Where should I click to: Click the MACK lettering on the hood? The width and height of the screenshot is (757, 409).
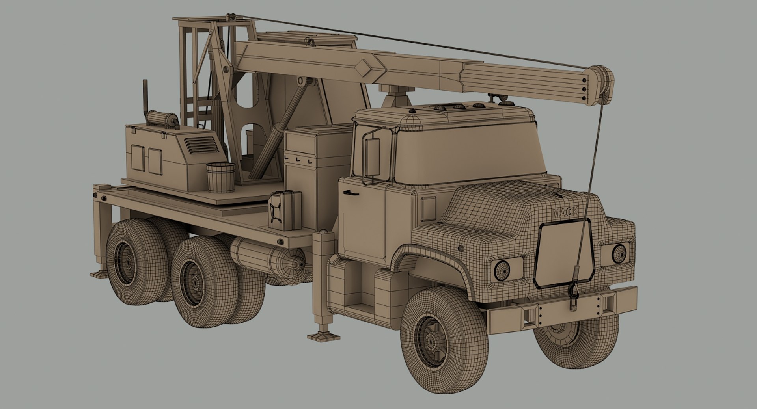(x=565, y=213)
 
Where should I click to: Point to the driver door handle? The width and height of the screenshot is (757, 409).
(x=351, y=193)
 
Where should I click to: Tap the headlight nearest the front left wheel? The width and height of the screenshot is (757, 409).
(x=502, y=270)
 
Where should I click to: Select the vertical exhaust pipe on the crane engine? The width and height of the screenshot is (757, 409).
(x=145, y=97)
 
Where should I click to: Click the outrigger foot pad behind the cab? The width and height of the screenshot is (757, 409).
(x=324, y=336)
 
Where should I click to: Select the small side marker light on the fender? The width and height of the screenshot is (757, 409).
(x=461, y=248)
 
